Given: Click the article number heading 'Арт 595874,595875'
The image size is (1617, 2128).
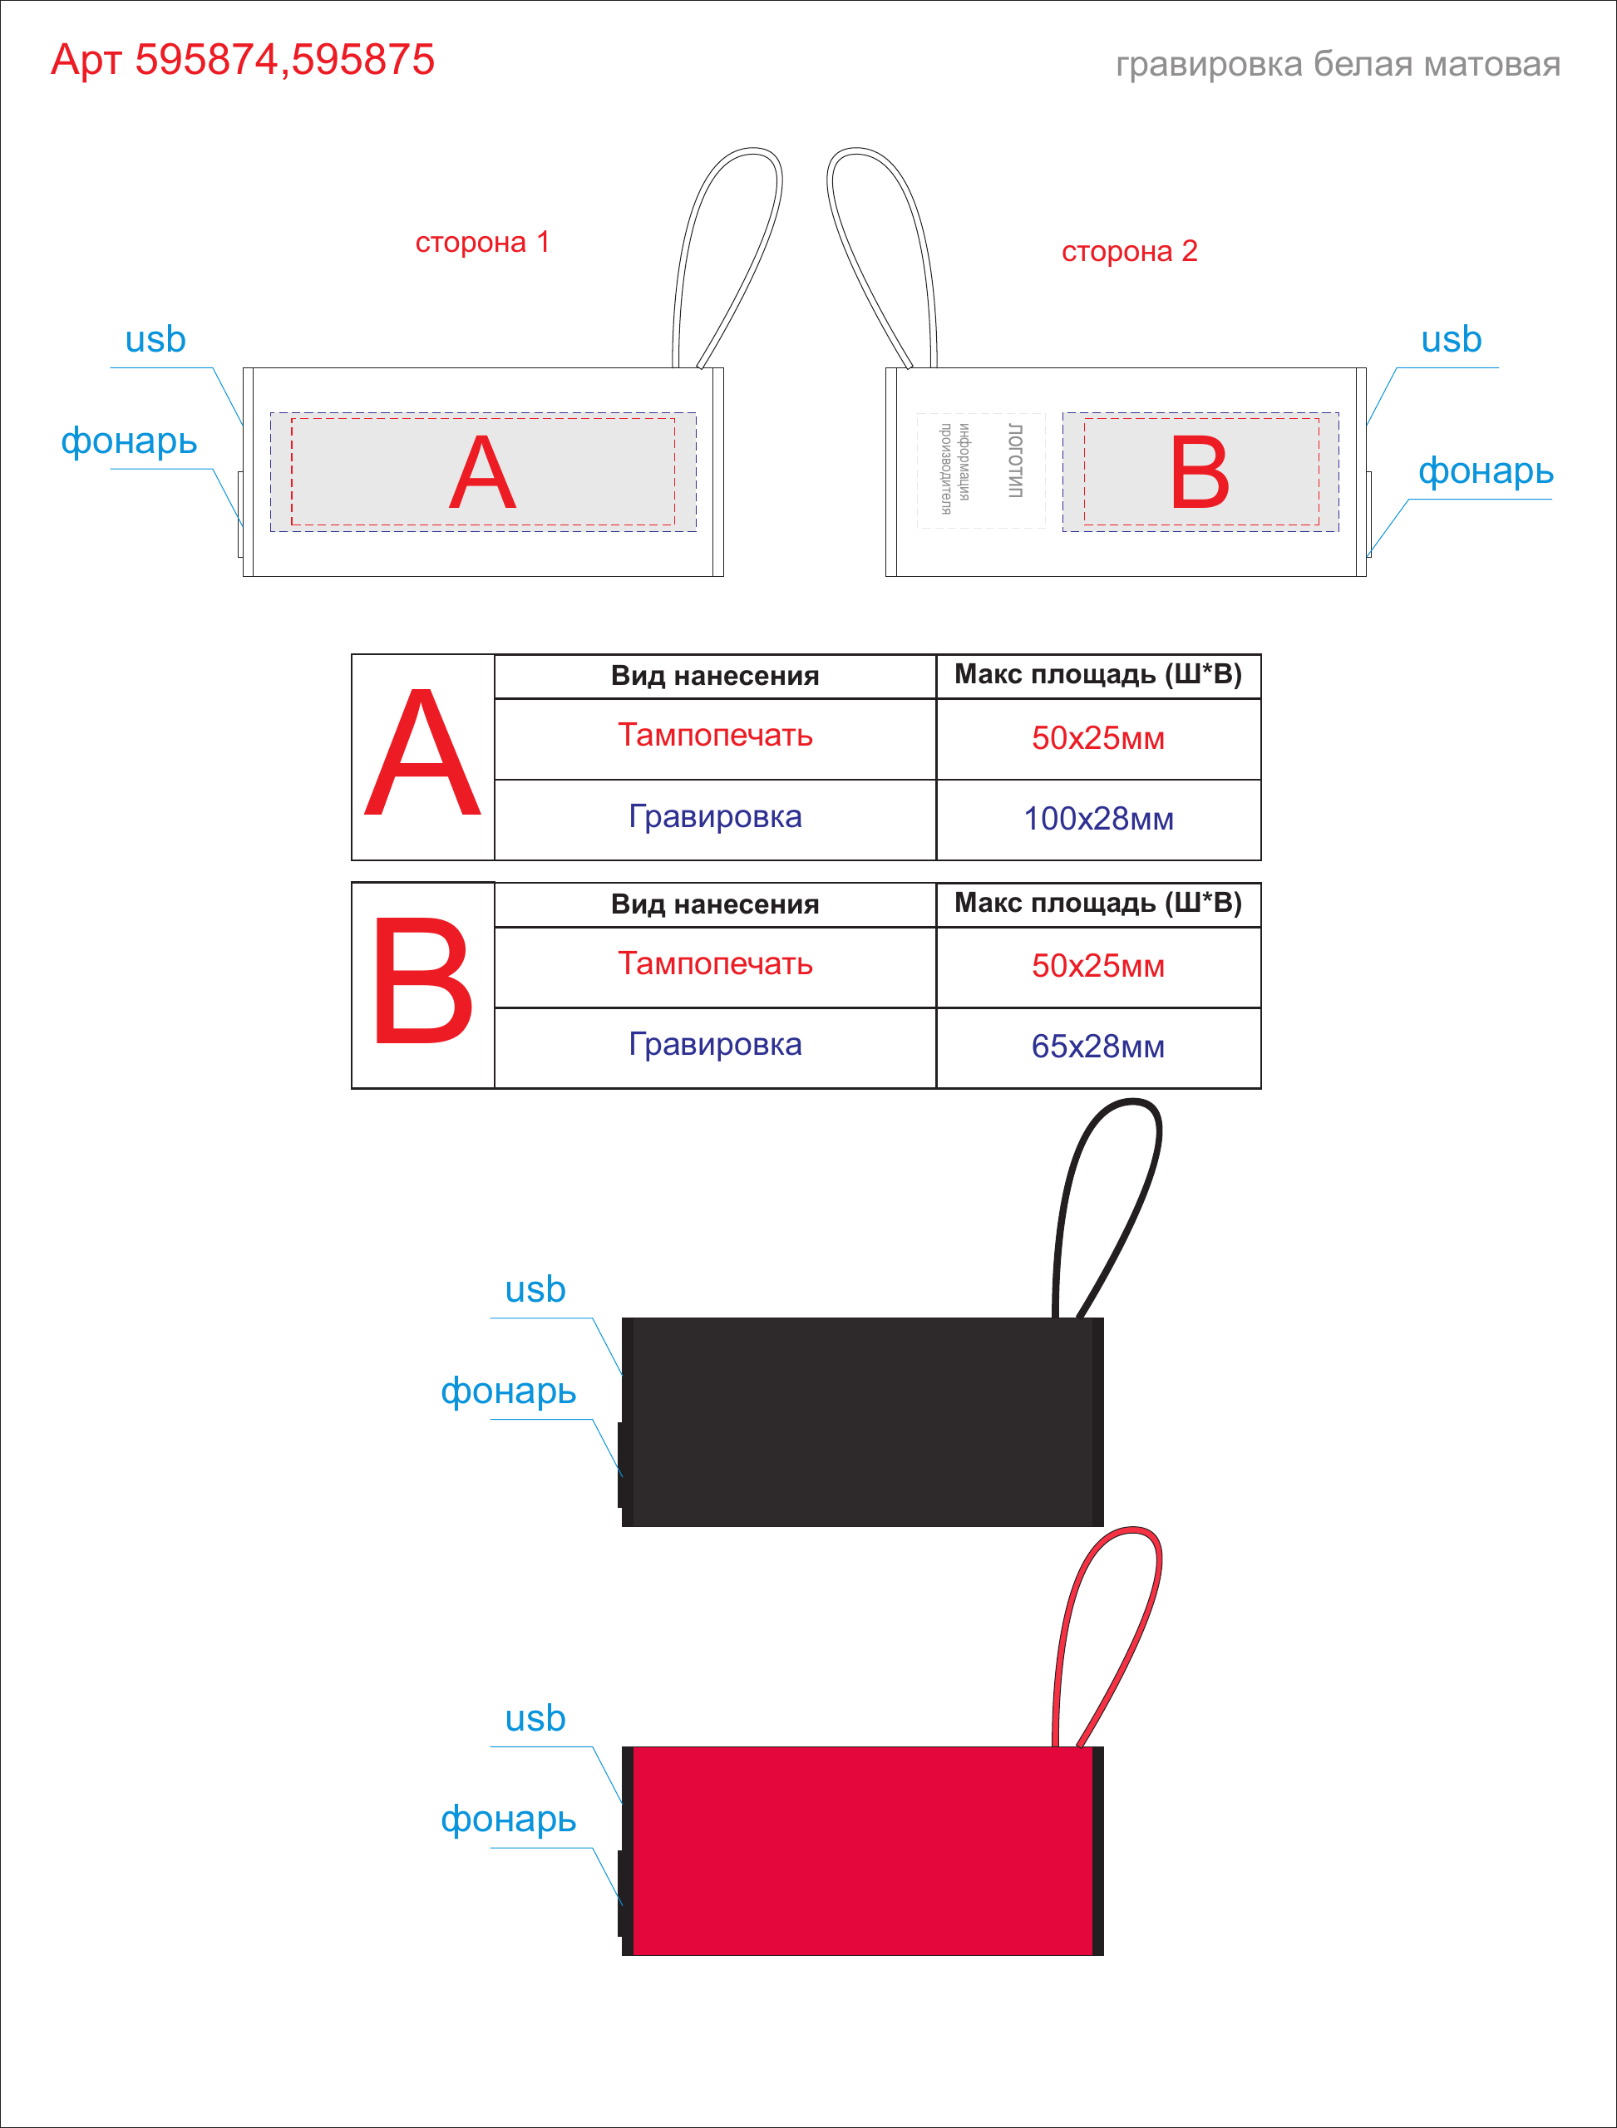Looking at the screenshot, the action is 243,60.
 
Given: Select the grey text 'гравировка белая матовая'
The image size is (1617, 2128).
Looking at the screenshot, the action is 1338,65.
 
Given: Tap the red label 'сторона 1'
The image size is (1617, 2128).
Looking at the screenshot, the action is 482,242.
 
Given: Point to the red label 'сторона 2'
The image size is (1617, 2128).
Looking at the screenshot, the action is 1129,251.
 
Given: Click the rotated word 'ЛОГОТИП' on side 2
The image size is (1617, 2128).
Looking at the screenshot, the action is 1014,460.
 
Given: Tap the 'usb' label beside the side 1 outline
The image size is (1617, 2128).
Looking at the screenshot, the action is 155,339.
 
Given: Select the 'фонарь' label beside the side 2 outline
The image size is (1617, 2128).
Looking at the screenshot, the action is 1485,471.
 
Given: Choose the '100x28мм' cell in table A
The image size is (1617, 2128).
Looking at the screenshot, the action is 1098,819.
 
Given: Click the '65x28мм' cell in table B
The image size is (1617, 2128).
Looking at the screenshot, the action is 1098,1047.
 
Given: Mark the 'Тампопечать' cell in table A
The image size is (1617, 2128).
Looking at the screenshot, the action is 715,736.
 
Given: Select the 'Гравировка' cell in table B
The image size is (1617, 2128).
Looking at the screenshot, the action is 715,1045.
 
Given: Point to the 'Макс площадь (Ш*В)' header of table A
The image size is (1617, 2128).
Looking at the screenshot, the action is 1098,675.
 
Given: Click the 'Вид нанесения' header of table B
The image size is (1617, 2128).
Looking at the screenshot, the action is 715,904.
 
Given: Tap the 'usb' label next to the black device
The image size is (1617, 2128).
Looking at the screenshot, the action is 535,1290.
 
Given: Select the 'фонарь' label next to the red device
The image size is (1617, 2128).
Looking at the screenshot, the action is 508,1819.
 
